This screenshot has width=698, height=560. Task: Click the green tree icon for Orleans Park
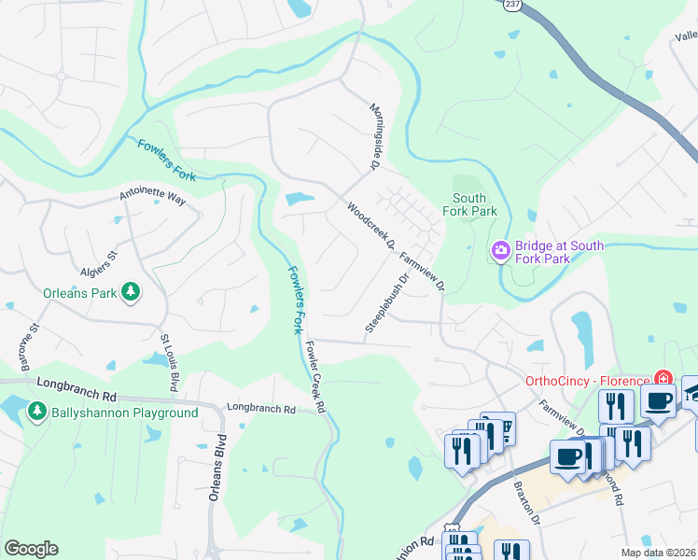[x=131, y=292]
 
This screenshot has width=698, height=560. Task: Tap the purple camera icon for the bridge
[x=500, y=250]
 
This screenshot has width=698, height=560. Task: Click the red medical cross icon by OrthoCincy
[x=663, y=379]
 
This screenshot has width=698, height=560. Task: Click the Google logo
[x=31, y=549]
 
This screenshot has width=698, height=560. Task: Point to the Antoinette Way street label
[x=152, y=197]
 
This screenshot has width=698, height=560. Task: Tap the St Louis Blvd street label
[x=169, y=364]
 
